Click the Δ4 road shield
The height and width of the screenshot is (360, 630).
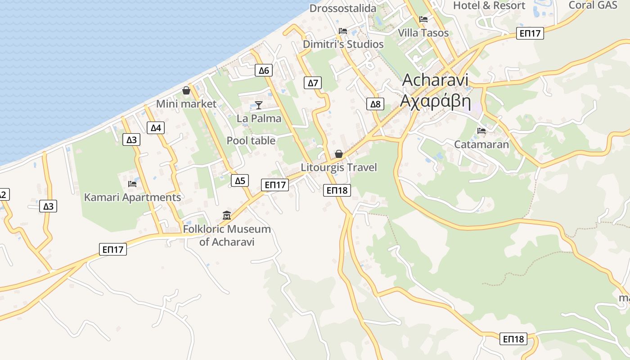(156, 128)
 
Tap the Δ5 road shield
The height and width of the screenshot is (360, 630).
(240, 181)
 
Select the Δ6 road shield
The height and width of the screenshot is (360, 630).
(264, 70)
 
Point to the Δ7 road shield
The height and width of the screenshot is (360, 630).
(313, 83)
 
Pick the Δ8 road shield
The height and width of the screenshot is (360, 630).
(375, 104)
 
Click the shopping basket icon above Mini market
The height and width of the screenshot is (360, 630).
(186, 91)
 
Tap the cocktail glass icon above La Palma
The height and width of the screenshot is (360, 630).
(259, 105)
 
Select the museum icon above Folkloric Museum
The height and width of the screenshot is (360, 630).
(227, 215)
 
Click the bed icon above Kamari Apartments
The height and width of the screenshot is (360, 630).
(132, 184)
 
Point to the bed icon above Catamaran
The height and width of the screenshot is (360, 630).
(481, 131)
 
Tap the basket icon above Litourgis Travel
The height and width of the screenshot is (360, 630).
(339, 154)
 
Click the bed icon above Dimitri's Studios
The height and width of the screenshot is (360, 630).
(343, 31)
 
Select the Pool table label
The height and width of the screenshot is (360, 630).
(251, 141)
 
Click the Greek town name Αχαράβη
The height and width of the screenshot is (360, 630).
(435, 102)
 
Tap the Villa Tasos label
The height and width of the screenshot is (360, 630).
(423, 33)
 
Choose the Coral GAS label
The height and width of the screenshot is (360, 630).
(593, 5)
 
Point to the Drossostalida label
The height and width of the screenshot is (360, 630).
(343, 8)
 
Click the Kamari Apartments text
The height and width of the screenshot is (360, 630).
(132, 198)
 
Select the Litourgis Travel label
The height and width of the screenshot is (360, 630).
(339, 167)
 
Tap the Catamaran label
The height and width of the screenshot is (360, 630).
(481, 144)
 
